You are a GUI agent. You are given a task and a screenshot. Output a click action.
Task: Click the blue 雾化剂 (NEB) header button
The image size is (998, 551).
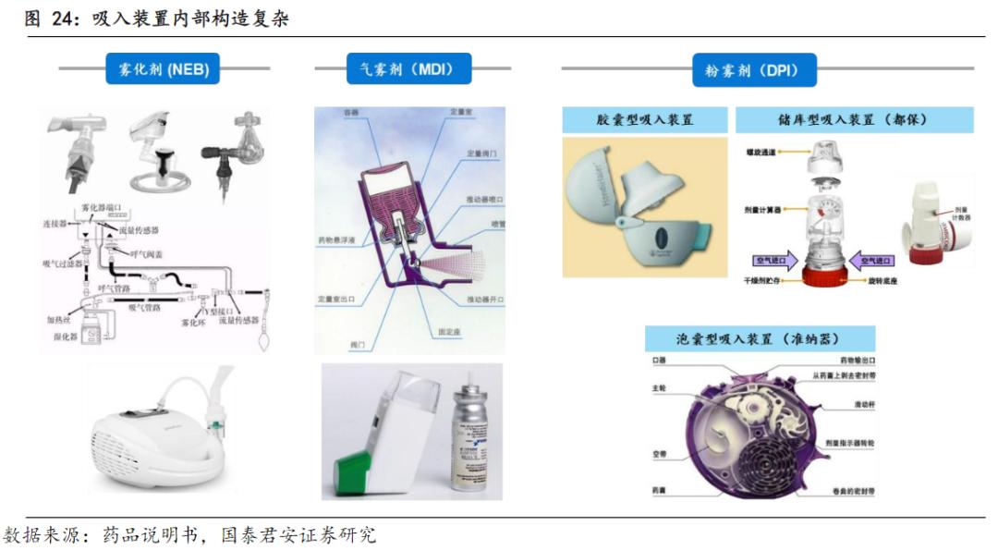click(x=163, y=68)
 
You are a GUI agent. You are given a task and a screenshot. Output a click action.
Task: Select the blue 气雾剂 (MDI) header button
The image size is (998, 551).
click(x=408, y=68)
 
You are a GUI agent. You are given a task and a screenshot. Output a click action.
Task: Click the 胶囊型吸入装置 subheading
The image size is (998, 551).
click(x=644, y=120)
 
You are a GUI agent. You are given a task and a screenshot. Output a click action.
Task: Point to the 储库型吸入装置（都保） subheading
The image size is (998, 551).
click(x=853, y=120)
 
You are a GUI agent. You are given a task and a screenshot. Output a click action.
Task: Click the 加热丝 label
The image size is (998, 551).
click(x=60, y=319)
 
